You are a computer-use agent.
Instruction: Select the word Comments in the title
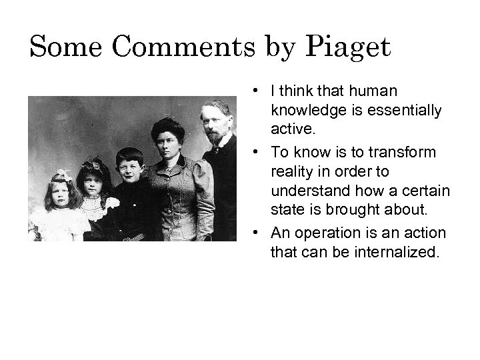181,47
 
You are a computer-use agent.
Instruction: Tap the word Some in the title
66,47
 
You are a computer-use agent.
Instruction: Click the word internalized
400,253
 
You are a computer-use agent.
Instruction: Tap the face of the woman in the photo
168,141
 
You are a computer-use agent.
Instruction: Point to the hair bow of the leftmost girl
63,175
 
